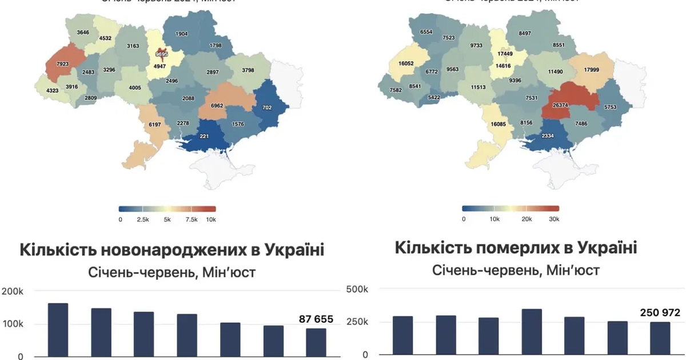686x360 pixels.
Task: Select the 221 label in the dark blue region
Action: [x=203, y=137]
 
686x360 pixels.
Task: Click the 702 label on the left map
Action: [x=267, y=107]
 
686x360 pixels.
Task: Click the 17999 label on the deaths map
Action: [x=592, y=70]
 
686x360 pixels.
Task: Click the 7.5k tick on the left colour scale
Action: [x=192, y=219]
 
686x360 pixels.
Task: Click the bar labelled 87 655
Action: [x=316, y=342]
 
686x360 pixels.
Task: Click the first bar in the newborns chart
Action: [x=58, y=330]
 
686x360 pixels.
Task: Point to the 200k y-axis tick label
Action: [x=12, y=291]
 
